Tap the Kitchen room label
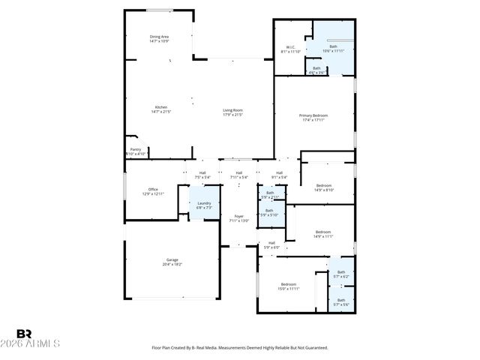point(161,109)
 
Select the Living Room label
point(232,112)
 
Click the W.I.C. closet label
point(290,49)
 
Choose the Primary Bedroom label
point(315,117)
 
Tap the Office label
point(153,191)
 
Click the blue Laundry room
point(204,205)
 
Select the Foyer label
point(238,218)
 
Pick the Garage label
point(172,262)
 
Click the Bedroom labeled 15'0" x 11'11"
point(290,286)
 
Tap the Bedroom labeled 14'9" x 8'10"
point(323,187)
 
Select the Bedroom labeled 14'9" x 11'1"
point(323,233)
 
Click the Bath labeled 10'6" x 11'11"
point(334,49)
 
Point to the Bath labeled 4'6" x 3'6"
point(316,70)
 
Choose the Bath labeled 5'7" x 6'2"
point(341,274)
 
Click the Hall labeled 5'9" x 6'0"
point(270,244)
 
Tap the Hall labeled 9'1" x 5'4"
point(279,175)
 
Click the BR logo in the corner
point(24,334)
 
